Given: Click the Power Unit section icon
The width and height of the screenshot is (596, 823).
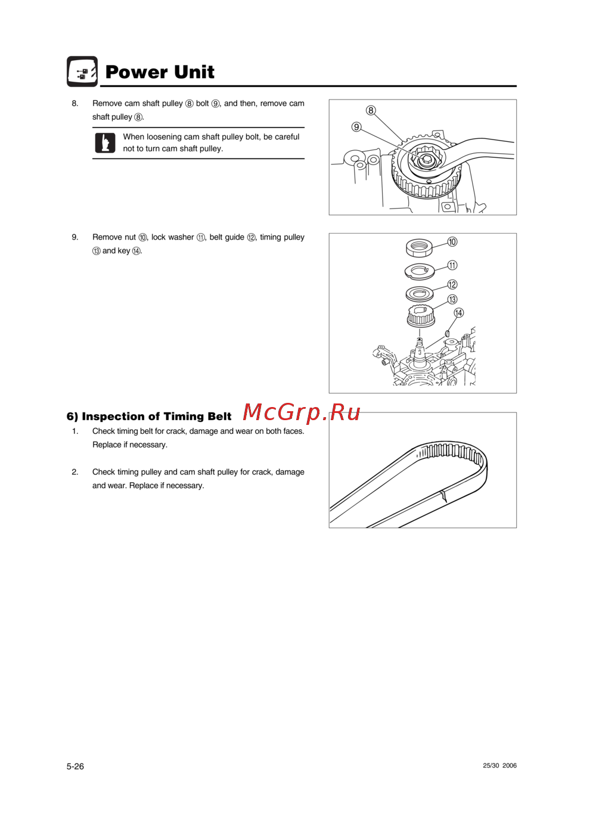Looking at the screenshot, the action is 82,72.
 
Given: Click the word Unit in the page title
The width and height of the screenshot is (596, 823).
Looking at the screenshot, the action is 194,72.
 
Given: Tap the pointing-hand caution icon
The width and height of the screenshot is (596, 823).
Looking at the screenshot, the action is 105,142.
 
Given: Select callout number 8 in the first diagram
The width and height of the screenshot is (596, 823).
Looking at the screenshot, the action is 371,110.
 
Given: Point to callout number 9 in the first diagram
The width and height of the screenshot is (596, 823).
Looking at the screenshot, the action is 356,127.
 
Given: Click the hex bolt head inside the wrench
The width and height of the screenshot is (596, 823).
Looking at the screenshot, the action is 426,160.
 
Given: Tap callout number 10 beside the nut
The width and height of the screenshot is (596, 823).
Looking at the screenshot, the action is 452,242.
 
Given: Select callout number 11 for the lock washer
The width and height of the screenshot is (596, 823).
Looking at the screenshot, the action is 452,265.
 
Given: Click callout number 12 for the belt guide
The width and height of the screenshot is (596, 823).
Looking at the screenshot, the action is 452,284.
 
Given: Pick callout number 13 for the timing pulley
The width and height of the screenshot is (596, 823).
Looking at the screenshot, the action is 452,299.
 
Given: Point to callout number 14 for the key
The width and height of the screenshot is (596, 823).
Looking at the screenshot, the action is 459,313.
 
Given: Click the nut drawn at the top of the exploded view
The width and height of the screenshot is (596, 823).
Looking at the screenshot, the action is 419,248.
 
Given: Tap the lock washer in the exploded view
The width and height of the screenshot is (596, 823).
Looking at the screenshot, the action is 420,272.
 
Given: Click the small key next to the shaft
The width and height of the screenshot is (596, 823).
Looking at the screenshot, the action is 447,333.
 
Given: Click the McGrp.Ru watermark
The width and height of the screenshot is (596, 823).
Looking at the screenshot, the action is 302,412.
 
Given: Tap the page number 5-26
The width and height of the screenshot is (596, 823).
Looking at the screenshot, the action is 75,766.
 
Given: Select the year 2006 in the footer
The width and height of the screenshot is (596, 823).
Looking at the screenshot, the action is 510,765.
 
